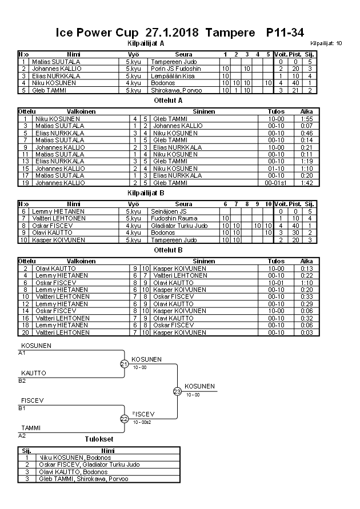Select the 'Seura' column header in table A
click(x=183, y=54)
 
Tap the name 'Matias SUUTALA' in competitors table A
click(x=56, y=62)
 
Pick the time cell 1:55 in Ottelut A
click(x=306, y=119)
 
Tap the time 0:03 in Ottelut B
click(x=306, y=332)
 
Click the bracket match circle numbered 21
click(x=124, y=364)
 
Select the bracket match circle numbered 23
click(x=177, y=391)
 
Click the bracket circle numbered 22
click(x=124, y=419)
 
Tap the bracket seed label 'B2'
click(x=22, y=380)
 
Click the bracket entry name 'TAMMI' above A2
click(x=31, y=427)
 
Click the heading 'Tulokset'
click(x=99, y=440)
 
